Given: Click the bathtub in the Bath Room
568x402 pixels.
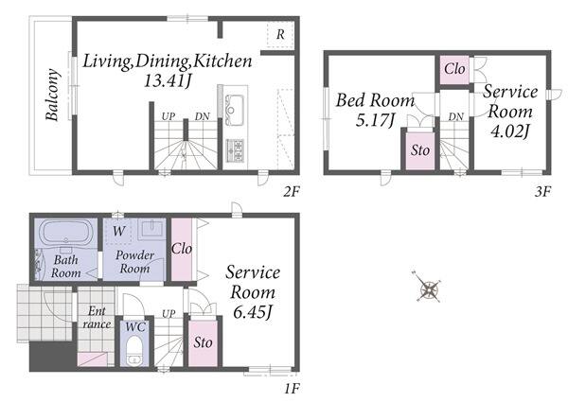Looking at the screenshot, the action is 65,233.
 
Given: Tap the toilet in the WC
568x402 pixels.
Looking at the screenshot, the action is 134,350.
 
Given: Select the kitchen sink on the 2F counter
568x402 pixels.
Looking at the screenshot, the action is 235,105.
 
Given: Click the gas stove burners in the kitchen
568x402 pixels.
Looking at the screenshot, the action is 235,150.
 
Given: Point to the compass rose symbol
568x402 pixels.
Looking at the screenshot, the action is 429,287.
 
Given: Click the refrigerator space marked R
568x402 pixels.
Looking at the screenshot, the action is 280,34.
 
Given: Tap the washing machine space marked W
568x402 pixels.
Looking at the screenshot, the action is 119,231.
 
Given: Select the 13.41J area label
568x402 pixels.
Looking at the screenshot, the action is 168,81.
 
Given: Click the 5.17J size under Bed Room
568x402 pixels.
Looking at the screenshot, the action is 375,120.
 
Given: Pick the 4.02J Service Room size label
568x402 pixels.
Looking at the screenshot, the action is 510,131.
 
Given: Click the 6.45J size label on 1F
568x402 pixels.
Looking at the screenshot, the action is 253,312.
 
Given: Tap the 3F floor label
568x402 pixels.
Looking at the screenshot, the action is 542,191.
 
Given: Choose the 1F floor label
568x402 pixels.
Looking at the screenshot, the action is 292,389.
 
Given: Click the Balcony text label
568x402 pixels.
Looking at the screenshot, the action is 52,95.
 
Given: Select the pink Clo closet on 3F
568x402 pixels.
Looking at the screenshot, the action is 454,69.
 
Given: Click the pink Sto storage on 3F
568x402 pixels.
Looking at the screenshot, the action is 420,150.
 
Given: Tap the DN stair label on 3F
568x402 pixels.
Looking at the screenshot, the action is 455,117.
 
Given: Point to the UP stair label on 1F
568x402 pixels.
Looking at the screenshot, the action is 169,314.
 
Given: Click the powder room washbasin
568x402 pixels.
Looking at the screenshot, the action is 152,229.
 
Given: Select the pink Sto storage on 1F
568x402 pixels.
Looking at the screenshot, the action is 203,342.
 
